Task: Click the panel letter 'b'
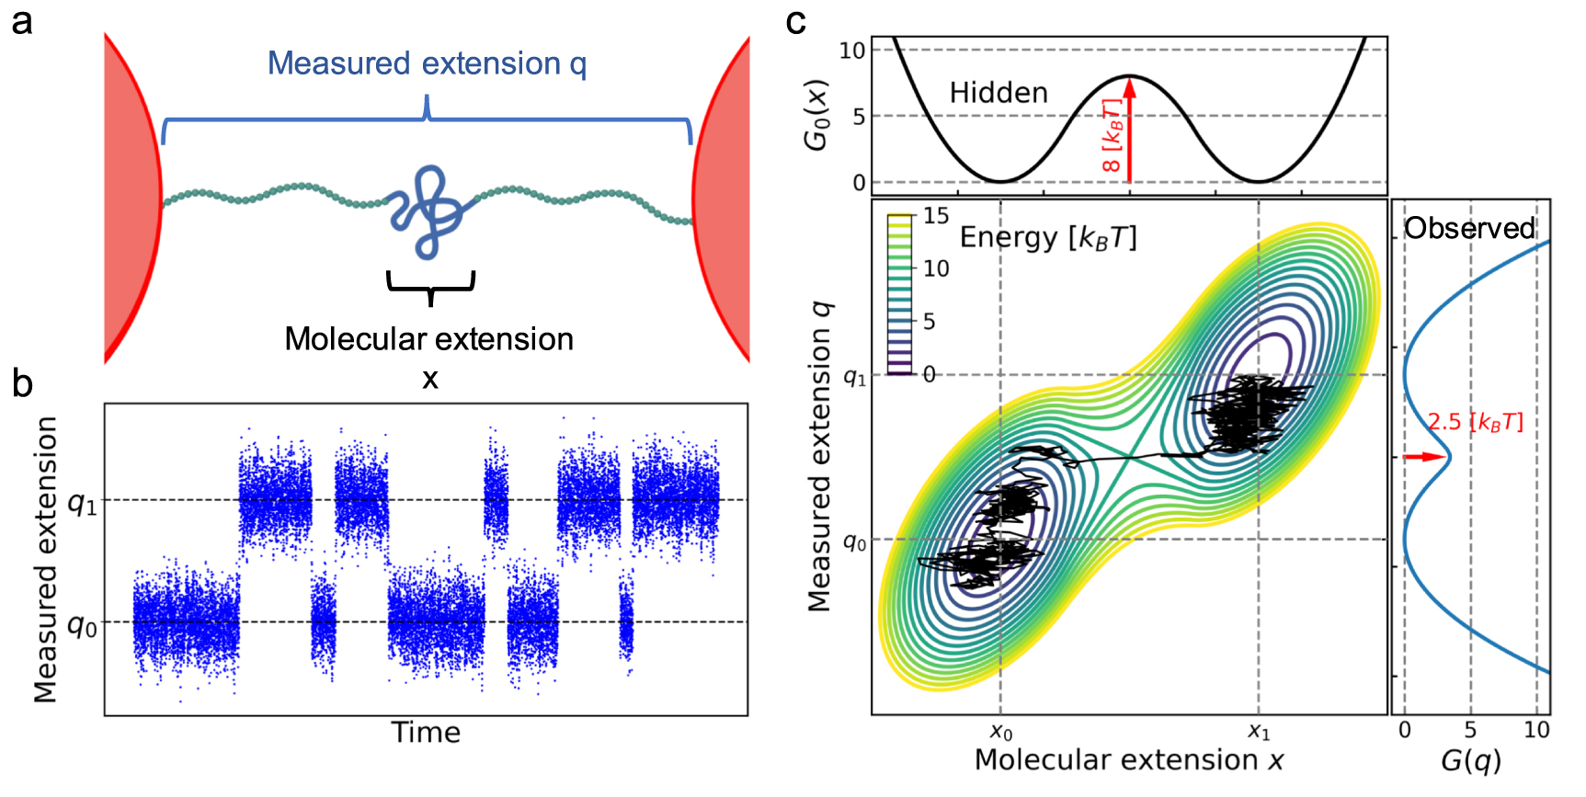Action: pyautogui.click(x=22, y=383)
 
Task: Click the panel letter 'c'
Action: pyautogui.click(x=796, y=20)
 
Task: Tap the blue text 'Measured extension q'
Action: pyautogui.click(x=427, y=63)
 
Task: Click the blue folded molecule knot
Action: pyautogui.click(x=428, y=210)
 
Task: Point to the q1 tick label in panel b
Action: pyautogui.click(x=82, y=503)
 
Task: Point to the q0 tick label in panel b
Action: pyautogui.click(x=82, y=626)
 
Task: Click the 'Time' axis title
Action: pyautogui.click(x=426, y=733)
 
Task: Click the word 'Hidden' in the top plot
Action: pyautogui.click(x=998, y=93)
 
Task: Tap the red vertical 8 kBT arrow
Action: pyautogui.click(x=1130, y=129)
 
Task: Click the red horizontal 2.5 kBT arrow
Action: pyautogui.click(x=1424, y=457)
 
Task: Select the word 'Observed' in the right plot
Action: pyautogui.click(x=1469, y=228)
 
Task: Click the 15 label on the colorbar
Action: pyautogui.click(x=936, y=216)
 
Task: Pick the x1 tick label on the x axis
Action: pyautogui.click(x=1259, y=733)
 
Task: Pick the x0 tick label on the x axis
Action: pyautogui.click(x=1001, y=733)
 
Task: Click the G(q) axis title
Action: pyautogui.click(x=1470, y=761)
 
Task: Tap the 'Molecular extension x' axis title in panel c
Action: pyautogui.click(x=1129, y=760)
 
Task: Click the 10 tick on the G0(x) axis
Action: pyautogui.click(x=852, y=51)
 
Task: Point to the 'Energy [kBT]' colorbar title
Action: pyautogui.click(x=1048, y=238)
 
